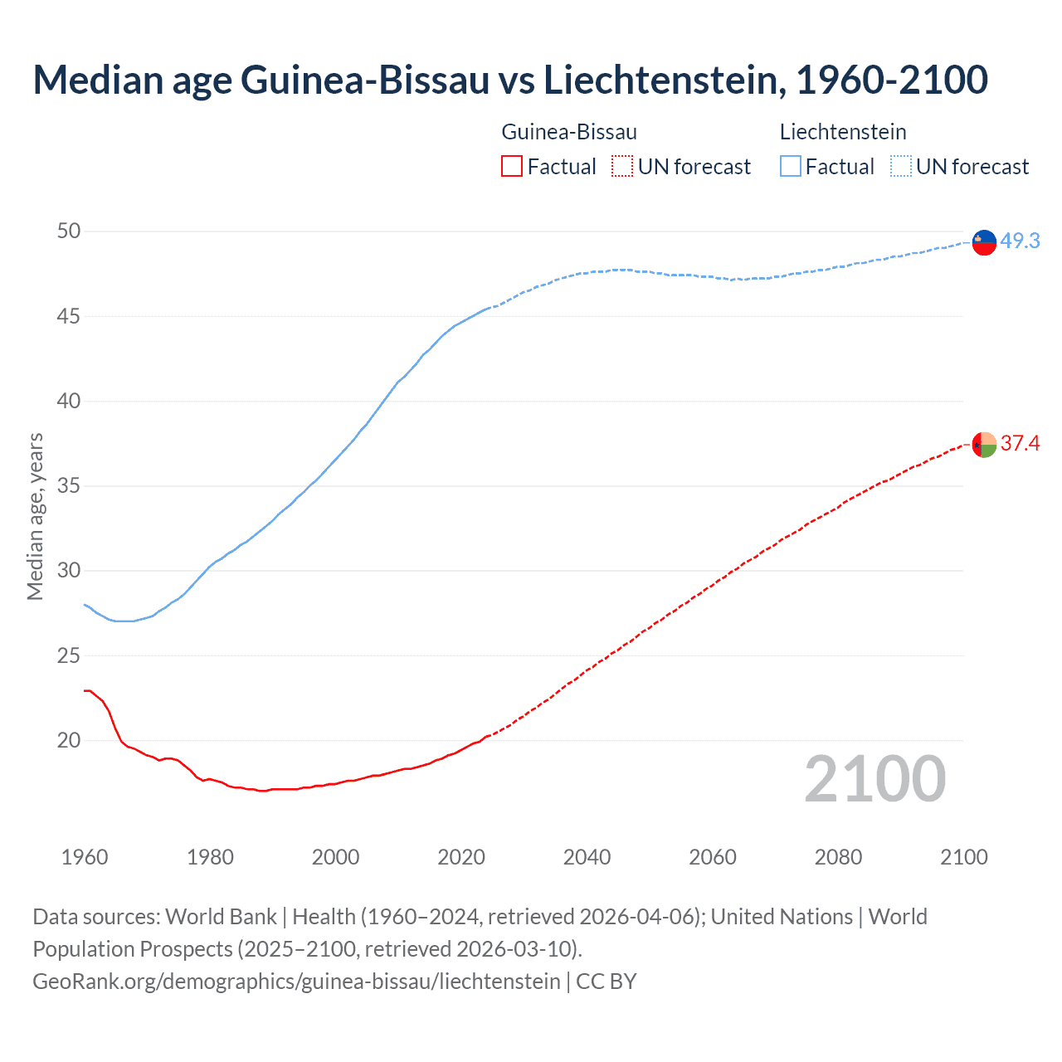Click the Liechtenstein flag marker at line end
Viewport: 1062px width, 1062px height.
pos(984,242)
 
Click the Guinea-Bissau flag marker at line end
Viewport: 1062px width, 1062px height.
pos(984,446)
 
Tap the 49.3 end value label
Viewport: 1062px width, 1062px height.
pos(1020,241)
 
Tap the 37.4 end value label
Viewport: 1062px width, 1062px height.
pos(1020,444)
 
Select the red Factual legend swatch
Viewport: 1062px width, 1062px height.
pos(512,167)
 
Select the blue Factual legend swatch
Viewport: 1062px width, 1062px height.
pos(791,167)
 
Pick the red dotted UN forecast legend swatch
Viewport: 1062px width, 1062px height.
pos(622,167)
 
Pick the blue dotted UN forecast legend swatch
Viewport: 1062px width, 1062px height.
pos(901,167)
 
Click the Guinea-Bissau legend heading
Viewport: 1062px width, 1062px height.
pos(569,132)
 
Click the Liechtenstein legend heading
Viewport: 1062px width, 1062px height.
pos(843,132)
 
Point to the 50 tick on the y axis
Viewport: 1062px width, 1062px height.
pos(69,231)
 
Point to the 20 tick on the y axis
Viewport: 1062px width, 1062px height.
pos(69,741)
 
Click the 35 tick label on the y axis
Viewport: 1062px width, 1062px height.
pos(69,486)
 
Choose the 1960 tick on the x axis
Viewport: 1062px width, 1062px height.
pos(85,857)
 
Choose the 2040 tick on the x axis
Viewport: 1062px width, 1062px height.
pos(587,857)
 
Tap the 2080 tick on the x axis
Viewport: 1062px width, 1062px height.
pos(838,857)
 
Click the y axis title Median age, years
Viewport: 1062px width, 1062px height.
pos(35,516)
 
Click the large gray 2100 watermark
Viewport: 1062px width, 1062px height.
pos(874,779)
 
